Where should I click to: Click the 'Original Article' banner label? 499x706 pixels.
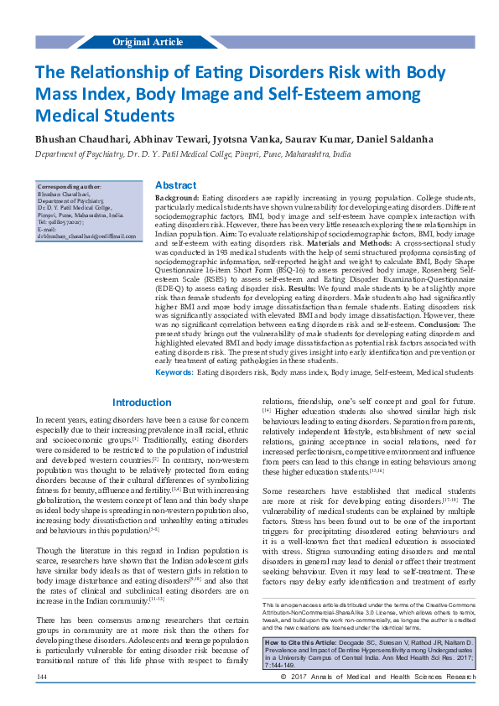148,41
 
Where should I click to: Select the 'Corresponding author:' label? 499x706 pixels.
70,186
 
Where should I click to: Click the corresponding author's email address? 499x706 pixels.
86,236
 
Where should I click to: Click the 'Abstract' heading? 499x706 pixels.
176,185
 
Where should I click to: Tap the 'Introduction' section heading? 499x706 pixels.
142,402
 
